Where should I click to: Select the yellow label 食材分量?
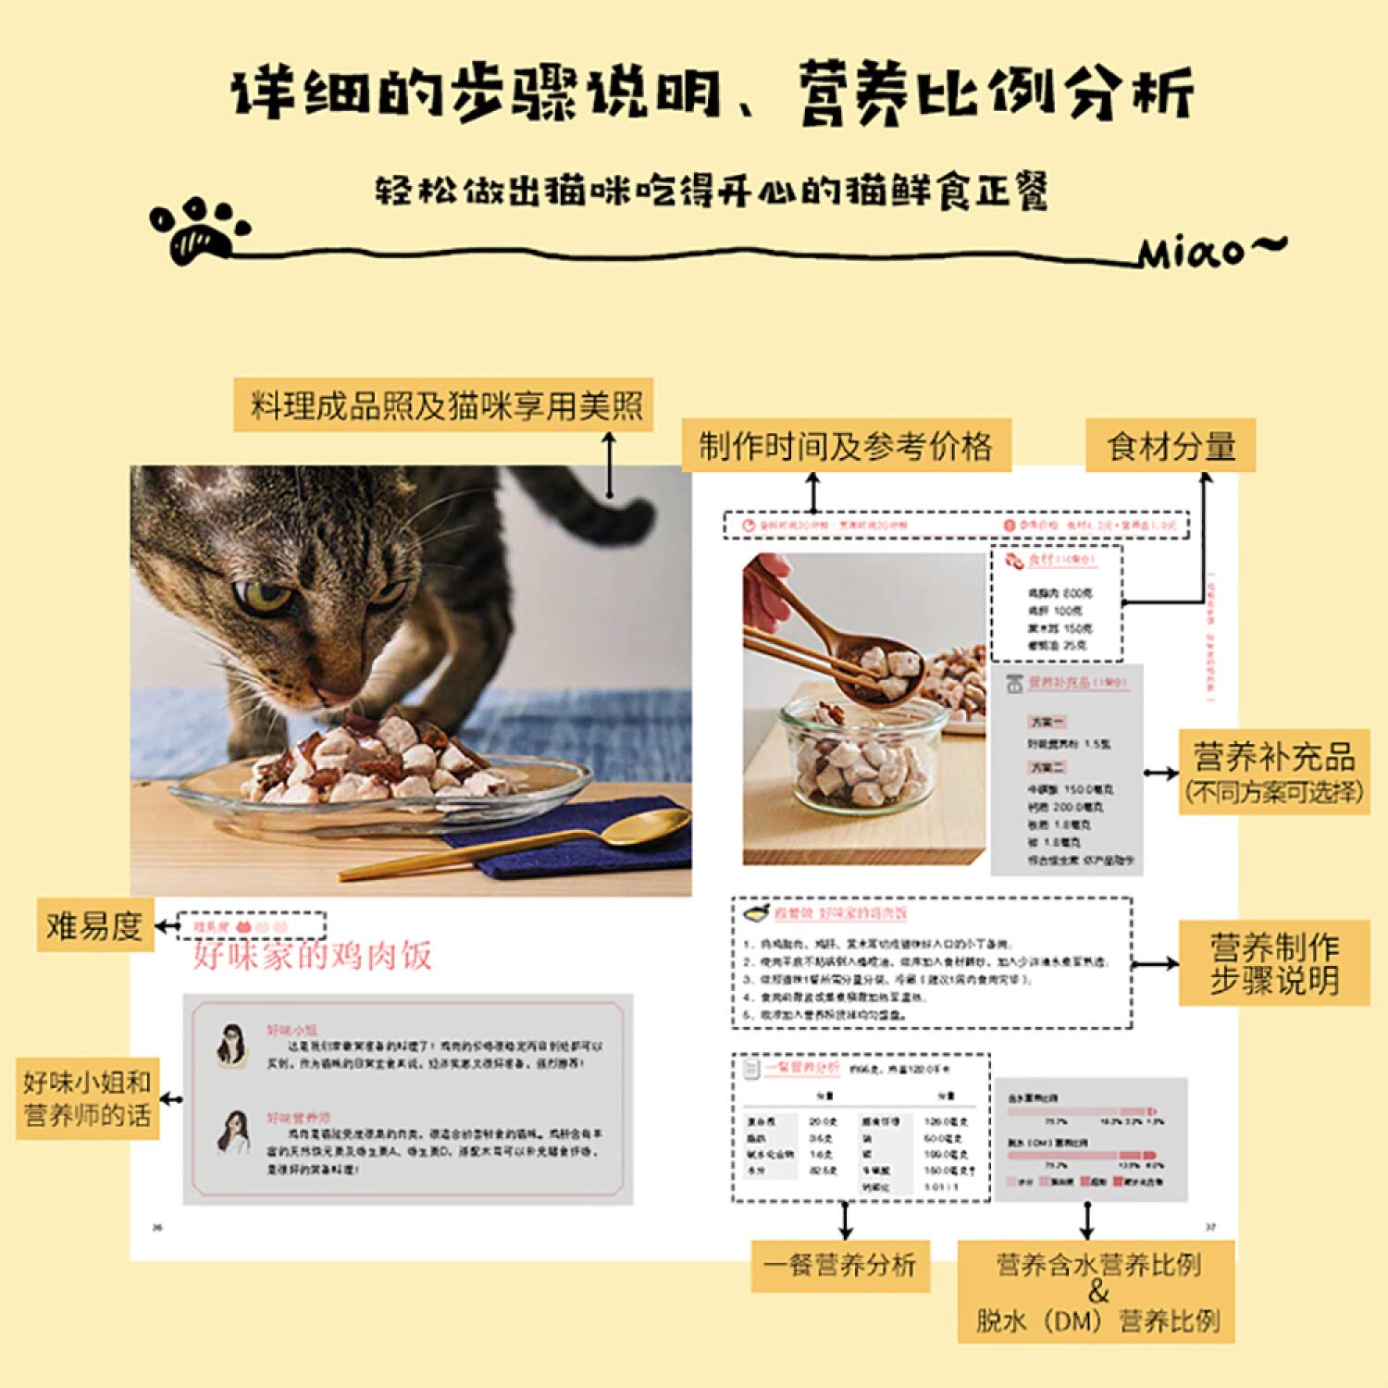1170,446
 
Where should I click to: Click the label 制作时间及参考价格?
845,446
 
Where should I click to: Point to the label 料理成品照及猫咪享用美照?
444,405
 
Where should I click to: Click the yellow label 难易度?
93,924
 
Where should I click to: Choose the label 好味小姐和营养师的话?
87,1098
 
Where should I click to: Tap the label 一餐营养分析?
839,1265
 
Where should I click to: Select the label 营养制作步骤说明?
1273,963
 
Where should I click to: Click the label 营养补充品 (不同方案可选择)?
1273,772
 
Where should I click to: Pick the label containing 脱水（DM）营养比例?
1097,1292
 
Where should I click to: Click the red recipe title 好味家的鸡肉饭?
312,955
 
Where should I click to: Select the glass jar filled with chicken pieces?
861,759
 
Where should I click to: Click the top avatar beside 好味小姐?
231,1045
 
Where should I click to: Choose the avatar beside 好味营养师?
233,1132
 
